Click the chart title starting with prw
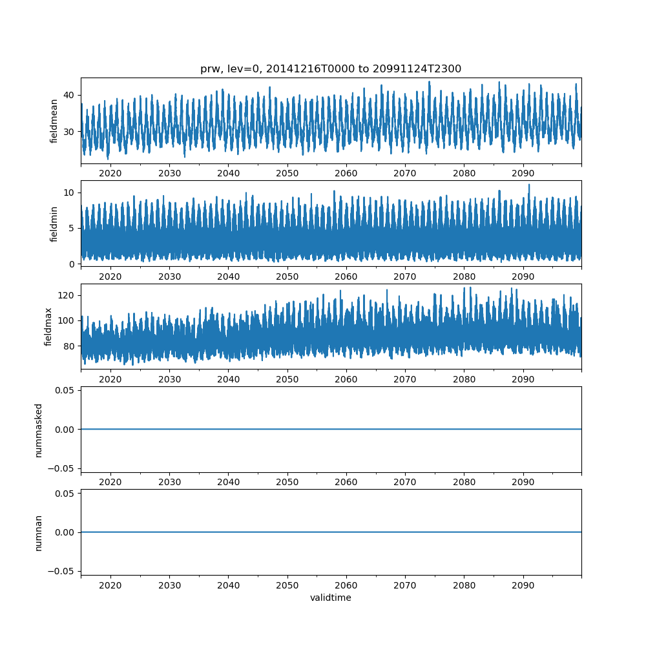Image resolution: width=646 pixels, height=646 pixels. click(x=331, y=69)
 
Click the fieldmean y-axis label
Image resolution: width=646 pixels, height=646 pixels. click(x=54, y=121)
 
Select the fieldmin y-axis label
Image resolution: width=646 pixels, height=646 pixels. click(x=54, y=224)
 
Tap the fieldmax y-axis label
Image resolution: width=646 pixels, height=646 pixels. click(x=48, y=326)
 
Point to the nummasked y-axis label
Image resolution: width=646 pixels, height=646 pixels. click(x=39, y=430)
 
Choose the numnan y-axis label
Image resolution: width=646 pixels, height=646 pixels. click(x=39, y=532)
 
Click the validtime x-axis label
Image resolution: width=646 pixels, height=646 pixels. click(x=331, y=598)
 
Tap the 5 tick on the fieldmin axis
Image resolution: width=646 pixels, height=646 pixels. click(x=72, y=228)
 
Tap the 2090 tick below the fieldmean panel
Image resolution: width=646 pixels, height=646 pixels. click(x=523, y=174)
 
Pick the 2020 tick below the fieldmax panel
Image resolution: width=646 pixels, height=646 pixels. click(x=110, y=379)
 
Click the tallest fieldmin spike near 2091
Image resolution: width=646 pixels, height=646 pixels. click(x=529, y=185)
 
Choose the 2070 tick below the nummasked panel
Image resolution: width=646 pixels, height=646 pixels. click(x=405, y=482)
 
